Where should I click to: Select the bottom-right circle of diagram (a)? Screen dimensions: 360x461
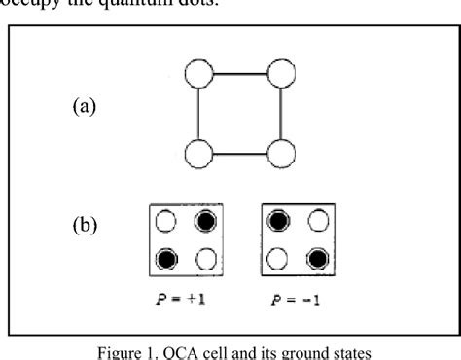282,156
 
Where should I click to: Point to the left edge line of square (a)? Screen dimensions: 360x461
198,115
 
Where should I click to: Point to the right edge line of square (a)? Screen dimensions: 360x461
282,115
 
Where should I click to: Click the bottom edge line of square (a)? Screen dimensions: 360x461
240,156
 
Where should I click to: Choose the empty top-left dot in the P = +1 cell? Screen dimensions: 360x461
166,221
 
